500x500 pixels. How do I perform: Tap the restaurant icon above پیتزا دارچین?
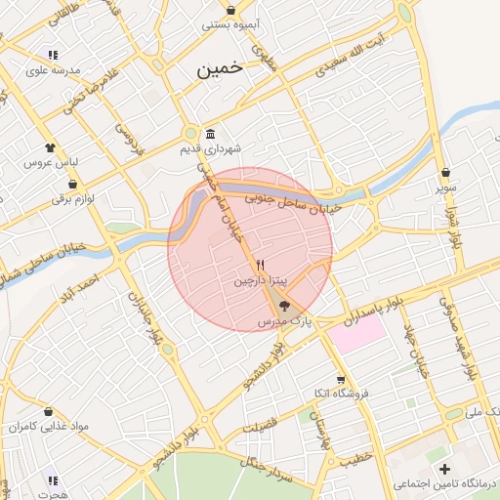tap(260, 265)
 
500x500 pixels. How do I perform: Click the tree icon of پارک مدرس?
tap(284, 306)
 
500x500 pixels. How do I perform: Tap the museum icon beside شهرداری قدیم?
tap(211, 135)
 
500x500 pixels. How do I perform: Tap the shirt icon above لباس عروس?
tap(49, 146)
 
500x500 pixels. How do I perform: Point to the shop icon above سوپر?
tap(445, 172)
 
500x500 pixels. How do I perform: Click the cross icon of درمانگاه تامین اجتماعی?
tap(445, 471)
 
